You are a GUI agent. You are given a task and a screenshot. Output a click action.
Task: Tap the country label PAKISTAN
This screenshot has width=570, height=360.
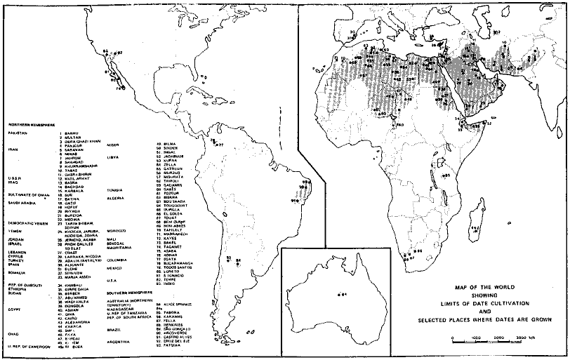pos(19,132)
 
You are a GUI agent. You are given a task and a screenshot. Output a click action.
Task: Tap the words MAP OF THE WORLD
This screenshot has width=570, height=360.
pos(484,287)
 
